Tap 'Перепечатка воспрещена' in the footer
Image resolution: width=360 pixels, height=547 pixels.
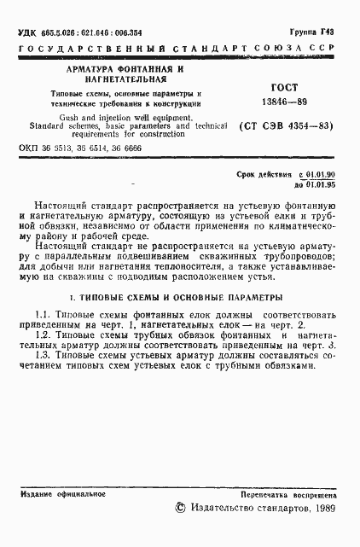pyautogui.click(x=289, y=494)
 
